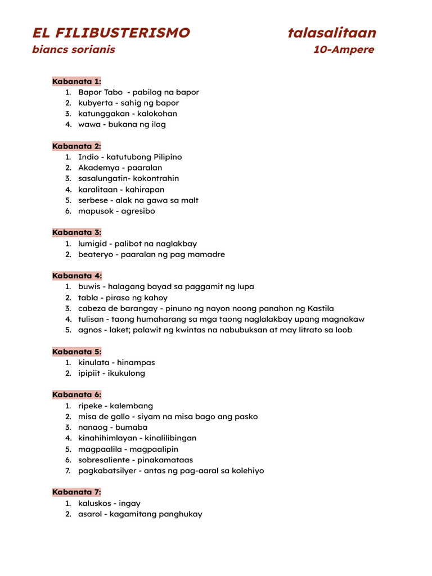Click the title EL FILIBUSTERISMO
[111, 33]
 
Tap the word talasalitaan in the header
[332, 33]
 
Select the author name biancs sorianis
[74, 49]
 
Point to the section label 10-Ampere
[343, 49]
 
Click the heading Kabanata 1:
[76, 81]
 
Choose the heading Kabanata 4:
[76, 276]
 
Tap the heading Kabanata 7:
[76, 492]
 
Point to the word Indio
[89, 157]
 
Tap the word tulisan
[91, 319]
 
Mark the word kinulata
[93, 362]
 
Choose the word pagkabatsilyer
[107, 470]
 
